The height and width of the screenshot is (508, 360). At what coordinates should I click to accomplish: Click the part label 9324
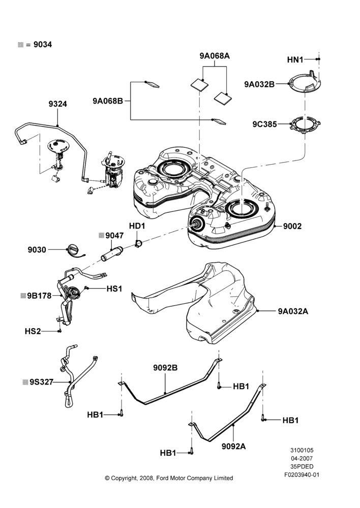click(x=58, y=104)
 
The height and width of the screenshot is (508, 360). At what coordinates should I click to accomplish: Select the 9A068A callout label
click(x=215, y=56)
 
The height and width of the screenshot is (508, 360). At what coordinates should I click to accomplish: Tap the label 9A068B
click(x=108, y=101)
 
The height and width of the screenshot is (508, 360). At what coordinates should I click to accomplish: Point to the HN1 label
click(x=295, y=59)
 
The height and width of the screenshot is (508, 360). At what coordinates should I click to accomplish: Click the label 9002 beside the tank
click(x=292, y=226)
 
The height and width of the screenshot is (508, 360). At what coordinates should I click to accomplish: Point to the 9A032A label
click(x=293, y=311)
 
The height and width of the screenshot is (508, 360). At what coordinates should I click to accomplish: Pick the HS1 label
click(x=114, y=289)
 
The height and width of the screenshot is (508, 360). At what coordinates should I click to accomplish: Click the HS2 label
click(x=33, y=331)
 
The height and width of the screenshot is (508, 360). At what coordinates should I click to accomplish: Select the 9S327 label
click(x=41, y=382)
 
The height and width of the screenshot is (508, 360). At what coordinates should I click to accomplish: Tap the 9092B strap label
click(x=165, y=368)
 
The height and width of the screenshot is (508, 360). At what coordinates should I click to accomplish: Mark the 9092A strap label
click(x=233, y=446)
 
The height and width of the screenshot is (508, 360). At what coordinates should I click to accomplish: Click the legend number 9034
click(x=43, y=45)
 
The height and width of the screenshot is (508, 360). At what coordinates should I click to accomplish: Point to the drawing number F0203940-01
click(x=302, y=475)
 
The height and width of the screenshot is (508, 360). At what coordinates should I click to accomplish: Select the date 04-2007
click(x=302, y=458)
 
